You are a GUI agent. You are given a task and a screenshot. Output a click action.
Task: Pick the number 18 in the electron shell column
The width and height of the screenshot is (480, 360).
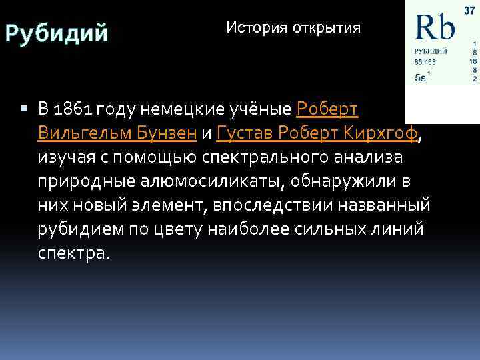click(473, 60)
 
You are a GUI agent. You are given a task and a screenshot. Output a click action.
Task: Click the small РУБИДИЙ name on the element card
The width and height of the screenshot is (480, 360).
click(430, 51)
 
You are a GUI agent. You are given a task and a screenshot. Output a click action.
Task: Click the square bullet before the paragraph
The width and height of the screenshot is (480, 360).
click(24, 108)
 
